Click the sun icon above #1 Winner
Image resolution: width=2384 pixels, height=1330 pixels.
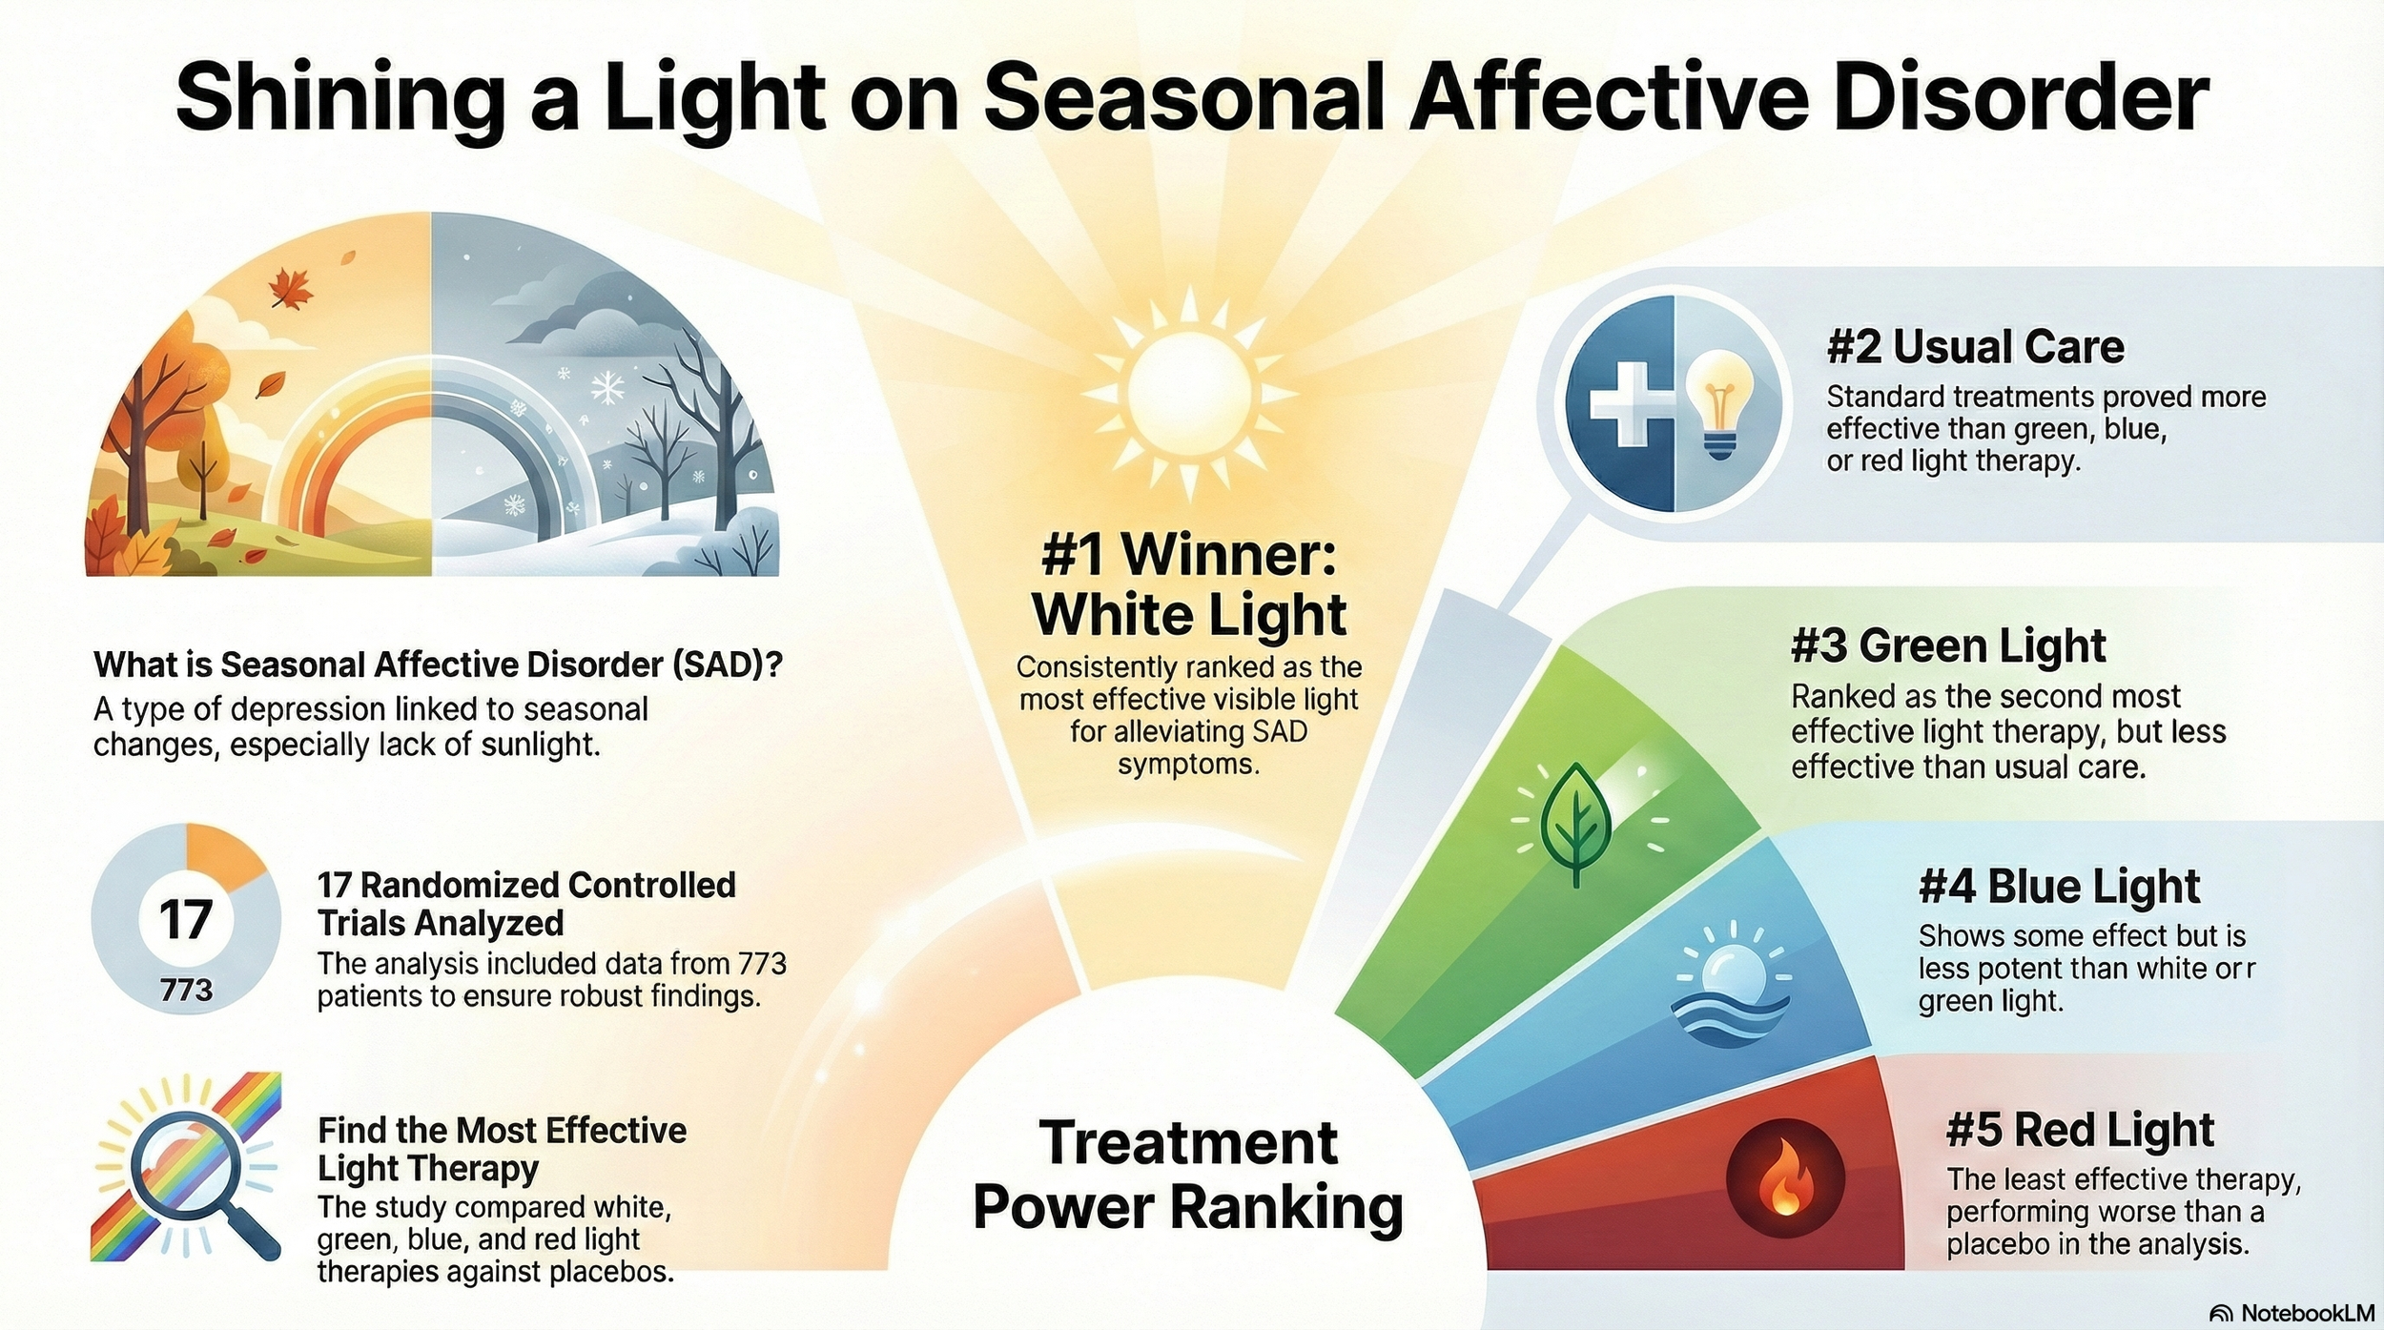[1188, 391]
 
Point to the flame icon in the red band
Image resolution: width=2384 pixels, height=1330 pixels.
[1785, 1180]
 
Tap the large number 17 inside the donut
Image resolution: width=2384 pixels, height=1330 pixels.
[186, 920]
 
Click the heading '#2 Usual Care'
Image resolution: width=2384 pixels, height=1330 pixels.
[1975, 347]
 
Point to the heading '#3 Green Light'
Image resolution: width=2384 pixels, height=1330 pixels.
[1948, 646]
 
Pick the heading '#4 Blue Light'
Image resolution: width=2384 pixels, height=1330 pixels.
[2059, 887]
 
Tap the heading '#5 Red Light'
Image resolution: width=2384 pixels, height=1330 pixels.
[2080, 1131]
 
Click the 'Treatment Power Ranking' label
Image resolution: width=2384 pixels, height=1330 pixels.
[1188, 1175]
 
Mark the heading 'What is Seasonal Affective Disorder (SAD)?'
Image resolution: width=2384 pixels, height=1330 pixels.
[438, 665]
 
